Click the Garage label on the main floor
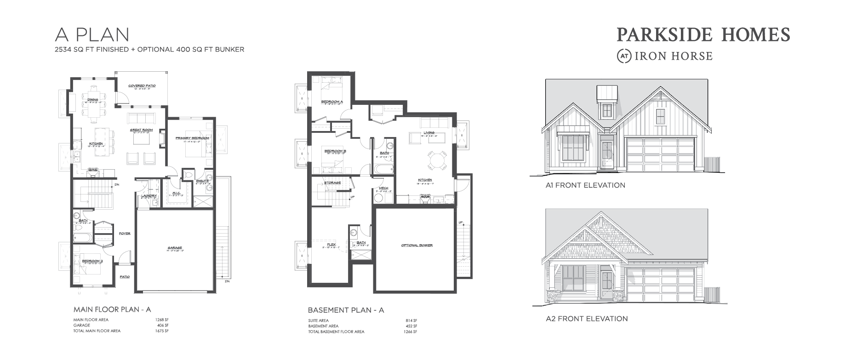point(175,248)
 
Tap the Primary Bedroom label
point(192,138)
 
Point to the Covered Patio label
point(142,86)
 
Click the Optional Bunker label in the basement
point(417,245)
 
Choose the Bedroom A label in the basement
point(332,101)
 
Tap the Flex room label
point(331,244)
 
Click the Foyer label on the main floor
point(125,234)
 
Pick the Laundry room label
point(149,196)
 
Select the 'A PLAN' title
point(92,34)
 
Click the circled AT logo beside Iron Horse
point(624,56)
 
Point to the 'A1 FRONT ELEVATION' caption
point(585,185)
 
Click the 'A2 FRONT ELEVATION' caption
point(586,319)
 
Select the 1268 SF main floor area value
point(163,320)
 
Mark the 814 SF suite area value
point(411,320)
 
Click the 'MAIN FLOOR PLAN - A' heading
point(112,309)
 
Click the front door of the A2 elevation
point(607,286)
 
